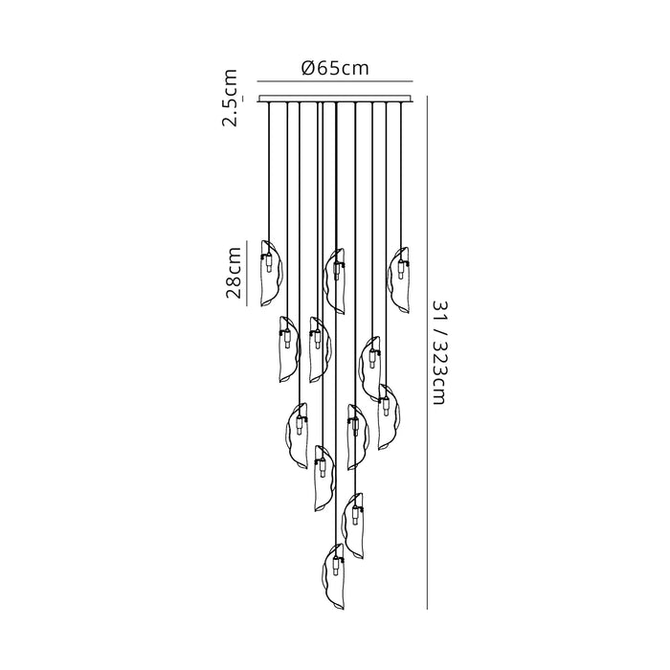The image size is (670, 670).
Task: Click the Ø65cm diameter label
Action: pos(335,68)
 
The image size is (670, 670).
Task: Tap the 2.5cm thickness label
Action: pos(230,98)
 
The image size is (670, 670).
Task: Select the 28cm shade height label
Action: pos(234,272)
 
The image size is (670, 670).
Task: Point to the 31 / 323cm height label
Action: pos(439,351)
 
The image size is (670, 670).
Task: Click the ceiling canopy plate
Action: pos(335,99)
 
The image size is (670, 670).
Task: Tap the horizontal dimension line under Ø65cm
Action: pos(335,80)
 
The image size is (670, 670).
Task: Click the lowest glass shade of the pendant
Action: pos(334,576)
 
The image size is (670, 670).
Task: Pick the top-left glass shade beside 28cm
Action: pos(272,274)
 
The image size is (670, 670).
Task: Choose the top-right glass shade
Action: pos(399,279)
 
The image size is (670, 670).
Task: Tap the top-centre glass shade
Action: pos(335,281)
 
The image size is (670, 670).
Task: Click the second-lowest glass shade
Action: pos(353,526)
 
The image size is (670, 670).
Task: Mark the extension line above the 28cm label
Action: pos(247,240)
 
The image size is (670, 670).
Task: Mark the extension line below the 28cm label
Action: pos(247,306)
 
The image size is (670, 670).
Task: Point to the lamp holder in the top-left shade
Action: pos(268,263)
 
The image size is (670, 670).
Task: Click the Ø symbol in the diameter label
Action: pos(309,68)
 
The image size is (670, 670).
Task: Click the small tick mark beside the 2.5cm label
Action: pos(243,99)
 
